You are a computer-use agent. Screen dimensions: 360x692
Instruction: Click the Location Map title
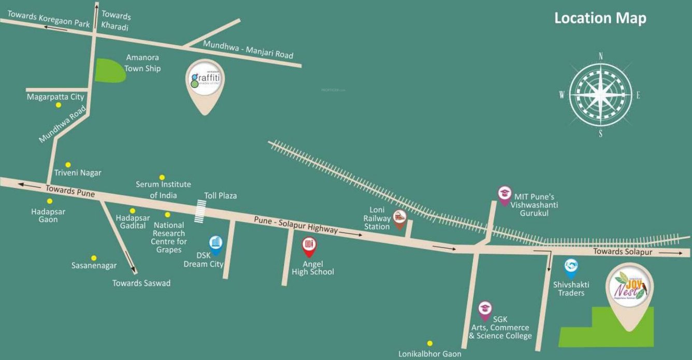(x=600, y=18)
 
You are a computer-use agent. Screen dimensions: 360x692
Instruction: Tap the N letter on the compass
(x=601, y=56)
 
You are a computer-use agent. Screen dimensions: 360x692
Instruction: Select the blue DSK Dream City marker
(x=216, y=243)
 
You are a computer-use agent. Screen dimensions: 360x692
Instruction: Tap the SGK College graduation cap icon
(x=485, y=310)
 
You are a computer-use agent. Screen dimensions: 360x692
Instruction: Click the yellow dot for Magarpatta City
(x=59, y=105)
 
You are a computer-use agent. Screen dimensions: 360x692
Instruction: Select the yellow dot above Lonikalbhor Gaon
(x=429, y=343)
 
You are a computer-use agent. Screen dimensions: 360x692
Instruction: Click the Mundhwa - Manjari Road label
(x=248, y=50)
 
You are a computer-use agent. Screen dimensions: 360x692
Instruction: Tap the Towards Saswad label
(x=141, y=283)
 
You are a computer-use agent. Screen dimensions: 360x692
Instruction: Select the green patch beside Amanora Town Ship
(x=110, y=70)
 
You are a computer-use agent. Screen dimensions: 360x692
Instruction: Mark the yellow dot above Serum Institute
(x=162, y=177)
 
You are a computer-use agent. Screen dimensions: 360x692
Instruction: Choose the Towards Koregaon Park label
(x=48, y=20)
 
